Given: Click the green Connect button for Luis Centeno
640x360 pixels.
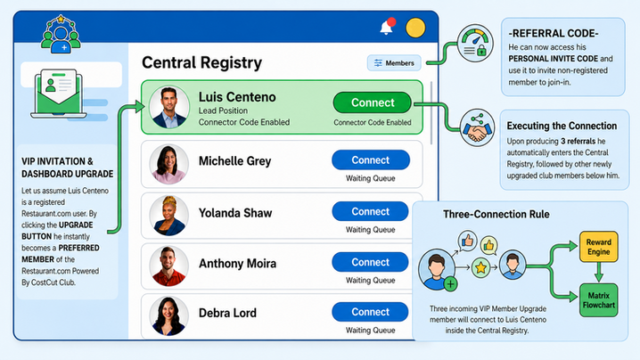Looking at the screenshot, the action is click(x=373, y=102).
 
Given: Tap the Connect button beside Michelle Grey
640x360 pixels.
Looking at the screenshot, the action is click(x=371, y=160).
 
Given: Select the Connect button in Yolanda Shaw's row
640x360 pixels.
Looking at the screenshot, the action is click(x=370, y=211).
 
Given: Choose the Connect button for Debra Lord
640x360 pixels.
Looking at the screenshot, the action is click(x=370, y=312).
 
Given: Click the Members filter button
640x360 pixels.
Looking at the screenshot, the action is click(x=394, y=63).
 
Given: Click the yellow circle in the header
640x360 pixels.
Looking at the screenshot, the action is click(x=415, y=28).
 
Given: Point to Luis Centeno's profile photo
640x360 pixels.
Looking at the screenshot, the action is click(x=169, y=107).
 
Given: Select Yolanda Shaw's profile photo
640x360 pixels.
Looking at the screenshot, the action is click(x=169, y=215).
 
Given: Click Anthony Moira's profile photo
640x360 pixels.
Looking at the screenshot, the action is click(x=169, y=266).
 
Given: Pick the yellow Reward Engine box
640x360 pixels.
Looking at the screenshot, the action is click(x=598, y=247).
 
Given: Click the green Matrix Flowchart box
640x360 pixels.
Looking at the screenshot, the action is click(x=598, y=300).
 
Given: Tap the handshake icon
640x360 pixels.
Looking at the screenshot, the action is click(x=477, y=128).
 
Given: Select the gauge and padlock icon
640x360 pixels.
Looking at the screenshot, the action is click(x=475, y=44).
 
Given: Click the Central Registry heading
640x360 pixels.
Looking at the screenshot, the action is click(x=202, y=63).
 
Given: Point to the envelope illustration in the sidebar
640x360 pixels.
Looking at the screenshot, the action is click(x=59, y=94).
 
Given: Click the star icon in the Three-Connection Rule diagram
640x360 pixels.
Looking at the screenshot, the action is click(x=480, y=267).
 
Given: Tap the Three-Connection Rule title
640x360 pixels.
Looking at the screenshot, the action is click(x=496, y=214).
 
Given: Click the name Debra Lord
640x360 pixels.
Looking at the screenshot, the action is click(x=228, y=313).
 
